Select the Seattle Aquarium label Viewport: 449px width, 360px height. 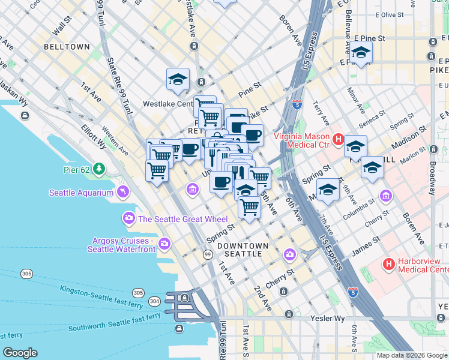[82, 193]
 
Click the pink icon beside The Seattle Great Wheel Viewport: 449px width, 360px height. [128, 219]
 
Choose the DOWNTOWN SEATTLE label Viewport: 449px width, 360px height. [243, 250]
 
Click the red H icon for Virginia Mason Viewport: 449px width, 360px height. [338, 140]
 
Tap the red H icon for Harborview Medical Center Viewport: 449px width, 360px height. [388, 263]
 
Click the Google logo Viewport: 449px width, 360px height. [20, 352]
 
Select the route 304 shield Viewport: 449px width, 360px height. [154, 301]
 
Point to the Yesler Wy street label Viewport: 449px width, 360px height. [326, 319]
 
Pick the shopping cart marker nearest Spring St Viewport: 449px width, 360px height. [249, 207]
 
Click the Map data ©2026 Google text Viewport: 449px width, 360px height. [411, 355]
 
